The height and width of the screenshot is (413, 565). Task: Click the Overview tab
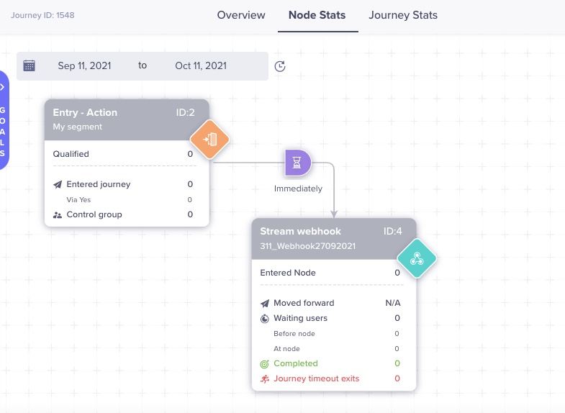click(x=241, y=15)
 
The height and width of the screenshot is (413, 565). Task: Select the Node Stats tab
click(x=317, y=15)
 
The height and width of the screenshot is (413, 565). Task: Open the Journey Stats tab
click(x=403, y=15)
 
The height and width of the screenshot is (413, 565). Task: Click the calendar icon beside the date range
click(x=30, y=65)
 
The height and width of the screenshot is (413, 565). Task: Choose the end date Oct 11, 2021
click(x=201, y=65)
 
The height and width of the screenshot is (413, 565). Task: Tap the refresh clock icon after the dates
click(x=281, y=66)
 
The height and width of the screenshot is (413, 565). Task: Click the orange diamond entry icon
click(x=209, y=139)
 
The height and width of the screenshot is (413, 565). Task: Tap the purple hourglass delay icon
click(x=298, y=163)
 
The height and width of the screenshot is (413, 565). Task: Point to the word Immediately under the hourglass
click(x=298, y=189)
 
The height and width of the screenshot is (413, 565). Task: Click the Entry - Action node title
click(x=85, y=112)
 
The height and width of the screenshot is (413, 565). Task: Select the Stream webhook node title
click(x=301, y=232)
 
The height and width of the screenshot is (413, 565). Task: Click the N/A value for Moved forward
click(x=393, y=303)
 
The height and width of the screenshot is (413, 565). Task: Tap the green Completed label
click(x=295, y=363)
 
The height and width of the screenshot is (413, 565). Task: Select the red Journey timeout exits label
click(x=316, y=378)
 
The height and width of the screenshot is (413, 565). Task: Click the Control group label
click(x=94, y=214)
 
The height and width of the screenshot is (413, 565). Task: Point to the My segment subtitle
click(x=78, y=127)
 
